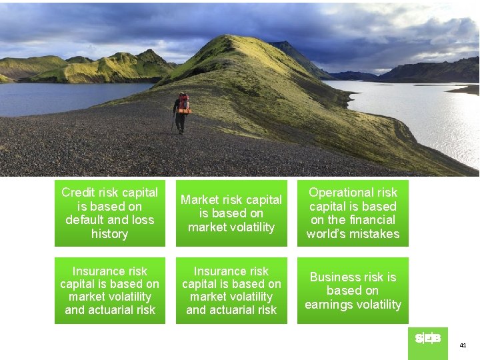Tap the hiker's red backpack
tap(184, 104)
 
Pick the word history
tap(109, 234)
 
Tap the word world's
tap(327, 234)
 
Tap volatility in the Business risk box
tap(378, 305)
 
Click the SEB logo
tap(427, 339)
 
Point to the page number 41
tap(463, 345)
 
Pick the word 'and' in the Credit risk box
tap(118, 220)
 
